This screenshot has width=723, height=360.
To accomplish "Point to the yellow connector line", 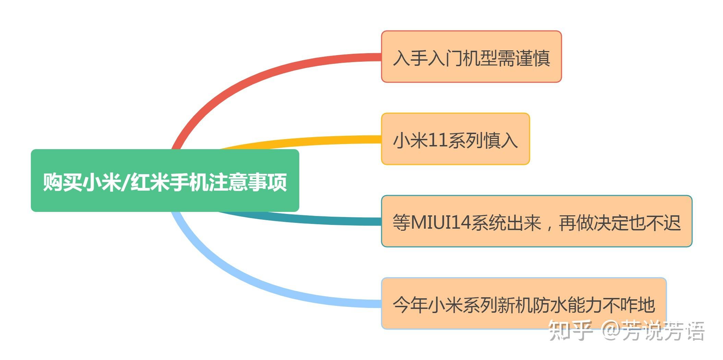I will tap(309, 141).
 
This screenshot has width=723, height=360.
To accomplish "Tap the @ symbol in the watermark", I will tap(612, 331).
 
